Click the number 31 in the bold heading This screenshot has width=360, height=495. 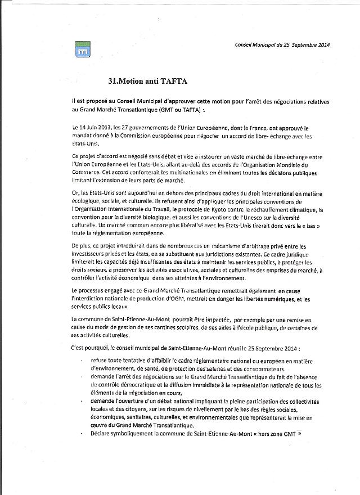(x=112, y=80)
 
